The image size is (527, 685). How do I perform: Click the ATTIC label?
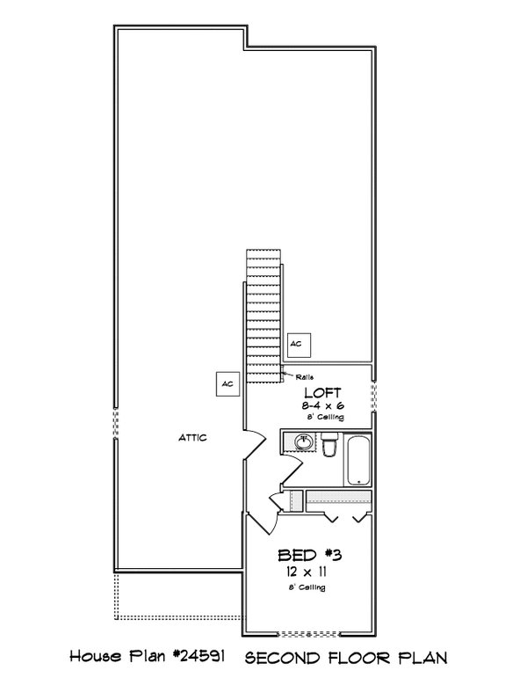[192, 437]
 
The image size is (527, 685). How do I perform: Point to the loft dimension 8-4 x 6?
[322, 406]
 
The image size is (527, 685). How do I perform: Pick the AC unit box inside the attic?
[227, 384]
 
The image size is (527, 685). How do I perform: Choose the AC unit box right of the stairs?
[297, 343]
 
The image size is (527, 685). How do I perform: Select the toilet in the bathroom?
[328, 448]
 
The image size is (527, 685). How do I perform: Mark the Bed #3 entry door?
[263, 519]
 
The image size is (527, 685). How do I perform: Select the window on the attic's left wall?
[114, 428]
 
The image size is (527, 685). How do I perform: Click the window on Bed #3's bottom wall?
[312, 633]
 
